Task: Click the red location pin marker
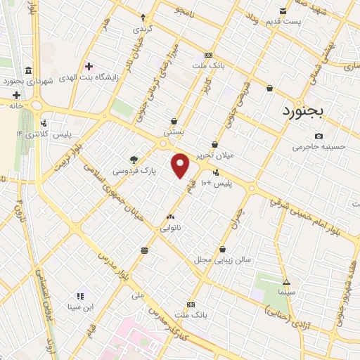pyautogui.click(x=181, y=165)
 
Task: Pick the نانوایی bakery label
pyautogui.click(x=171, y=228)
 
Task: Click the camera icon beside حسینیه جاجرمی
pyautogui.click(x=319, y=136)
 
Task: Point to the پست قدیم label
pyautogui.click(x=283, y=22)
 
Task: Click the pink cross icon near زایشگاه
pyautogui.click(x=88, y=66)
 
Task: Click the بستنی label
pyautogui.click(x=174, y=131)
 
